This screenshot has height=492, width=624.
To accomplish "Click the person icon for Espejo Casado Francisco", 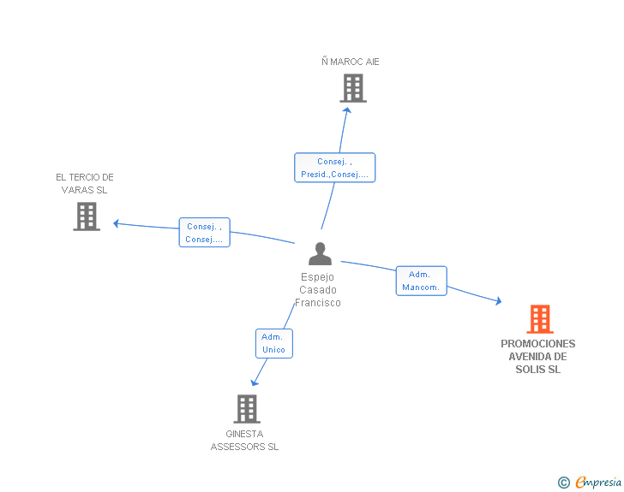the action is pos(320,253).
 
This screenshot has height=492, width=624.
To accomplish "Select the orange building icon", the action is pos(540,318).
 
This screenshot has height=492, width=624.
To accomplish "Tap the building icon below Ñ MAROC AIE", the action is pos(353,88).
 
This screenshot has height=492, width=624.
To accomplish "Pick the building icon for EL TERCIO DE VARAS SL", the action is pos(87,216).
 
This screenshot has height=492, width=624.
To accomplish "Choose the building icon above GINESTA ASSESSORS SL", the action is pos(247,409).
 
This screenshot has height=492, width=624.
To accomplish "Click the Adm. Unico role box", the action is pos(273,343).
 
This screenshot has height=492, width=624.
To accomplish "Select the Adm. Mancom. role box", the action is pos(422,281).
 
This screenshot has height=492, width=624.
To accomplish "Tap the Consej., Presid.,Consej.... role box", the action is pos(334,168).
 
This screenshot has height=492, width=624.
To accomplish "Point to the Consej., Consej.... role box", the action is pos(205,233).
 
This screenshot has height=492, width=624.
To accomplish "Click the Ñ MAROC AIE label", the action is pos(351,62).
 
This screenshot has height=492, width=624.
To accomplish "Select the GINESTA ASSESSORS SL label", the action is pos(244,441).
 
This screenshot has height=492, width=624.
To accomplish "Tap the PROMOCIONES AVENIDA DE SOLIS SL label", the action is pos(538,357).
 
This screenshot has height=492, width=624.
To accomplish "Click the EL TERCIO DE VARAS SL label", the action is pos(85,184).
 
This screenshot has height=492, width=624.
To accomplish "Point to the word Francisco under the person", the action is pos(317,303).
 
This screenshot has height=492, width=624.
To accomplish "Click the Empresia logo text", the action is pos(598,482).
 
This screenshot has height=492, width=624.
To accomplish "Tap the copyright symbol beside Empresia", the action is pos(564,483).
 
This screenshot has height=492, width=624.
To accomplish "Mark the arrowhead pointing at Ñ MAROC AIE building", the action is pos(347,110).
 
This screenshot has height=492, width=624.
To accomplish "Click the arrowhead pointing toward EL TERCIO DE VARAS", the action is pos(116,223).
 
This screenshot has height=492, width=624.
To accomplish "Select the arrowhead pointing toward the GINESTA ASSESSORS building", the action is pos(254,382).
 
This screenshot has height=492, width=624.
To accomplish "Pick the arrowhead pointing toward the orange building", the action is pos(499,301).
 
